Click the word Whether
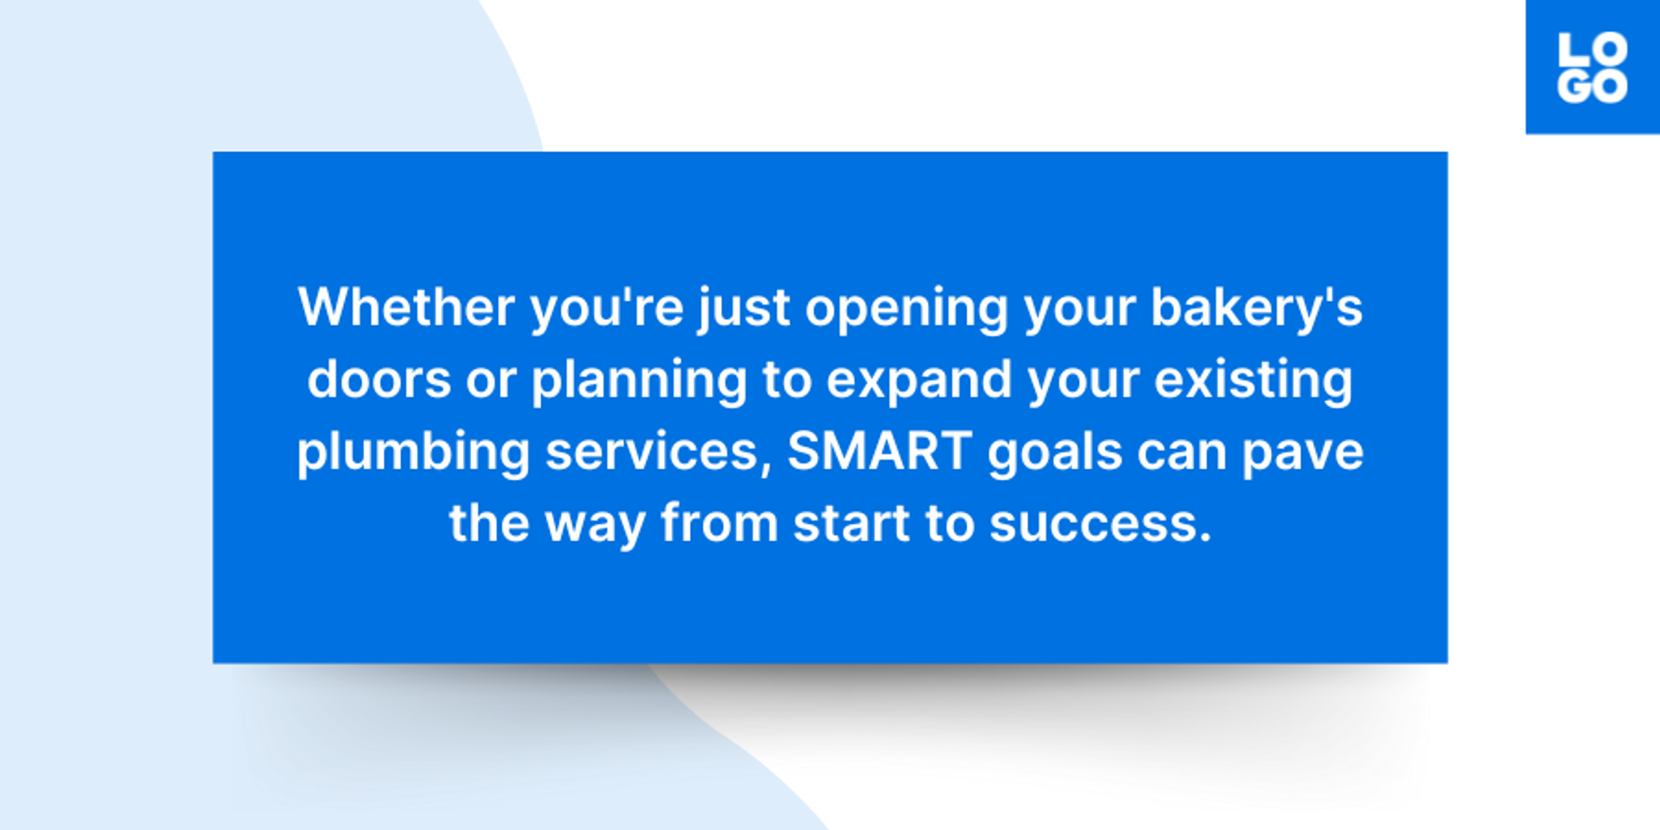coord(406,307)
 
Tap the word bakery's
coord(1256,309)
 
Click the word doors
coord(379,380)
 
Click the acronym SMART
coord(880,451)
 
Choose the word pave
coord(1302,452)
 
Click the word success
coord(1100,524)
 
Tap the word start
coord(852,524)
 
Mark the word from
coord(719,524)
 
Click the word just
coord(744,309)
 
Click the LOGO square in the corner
coord(1592,67)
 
